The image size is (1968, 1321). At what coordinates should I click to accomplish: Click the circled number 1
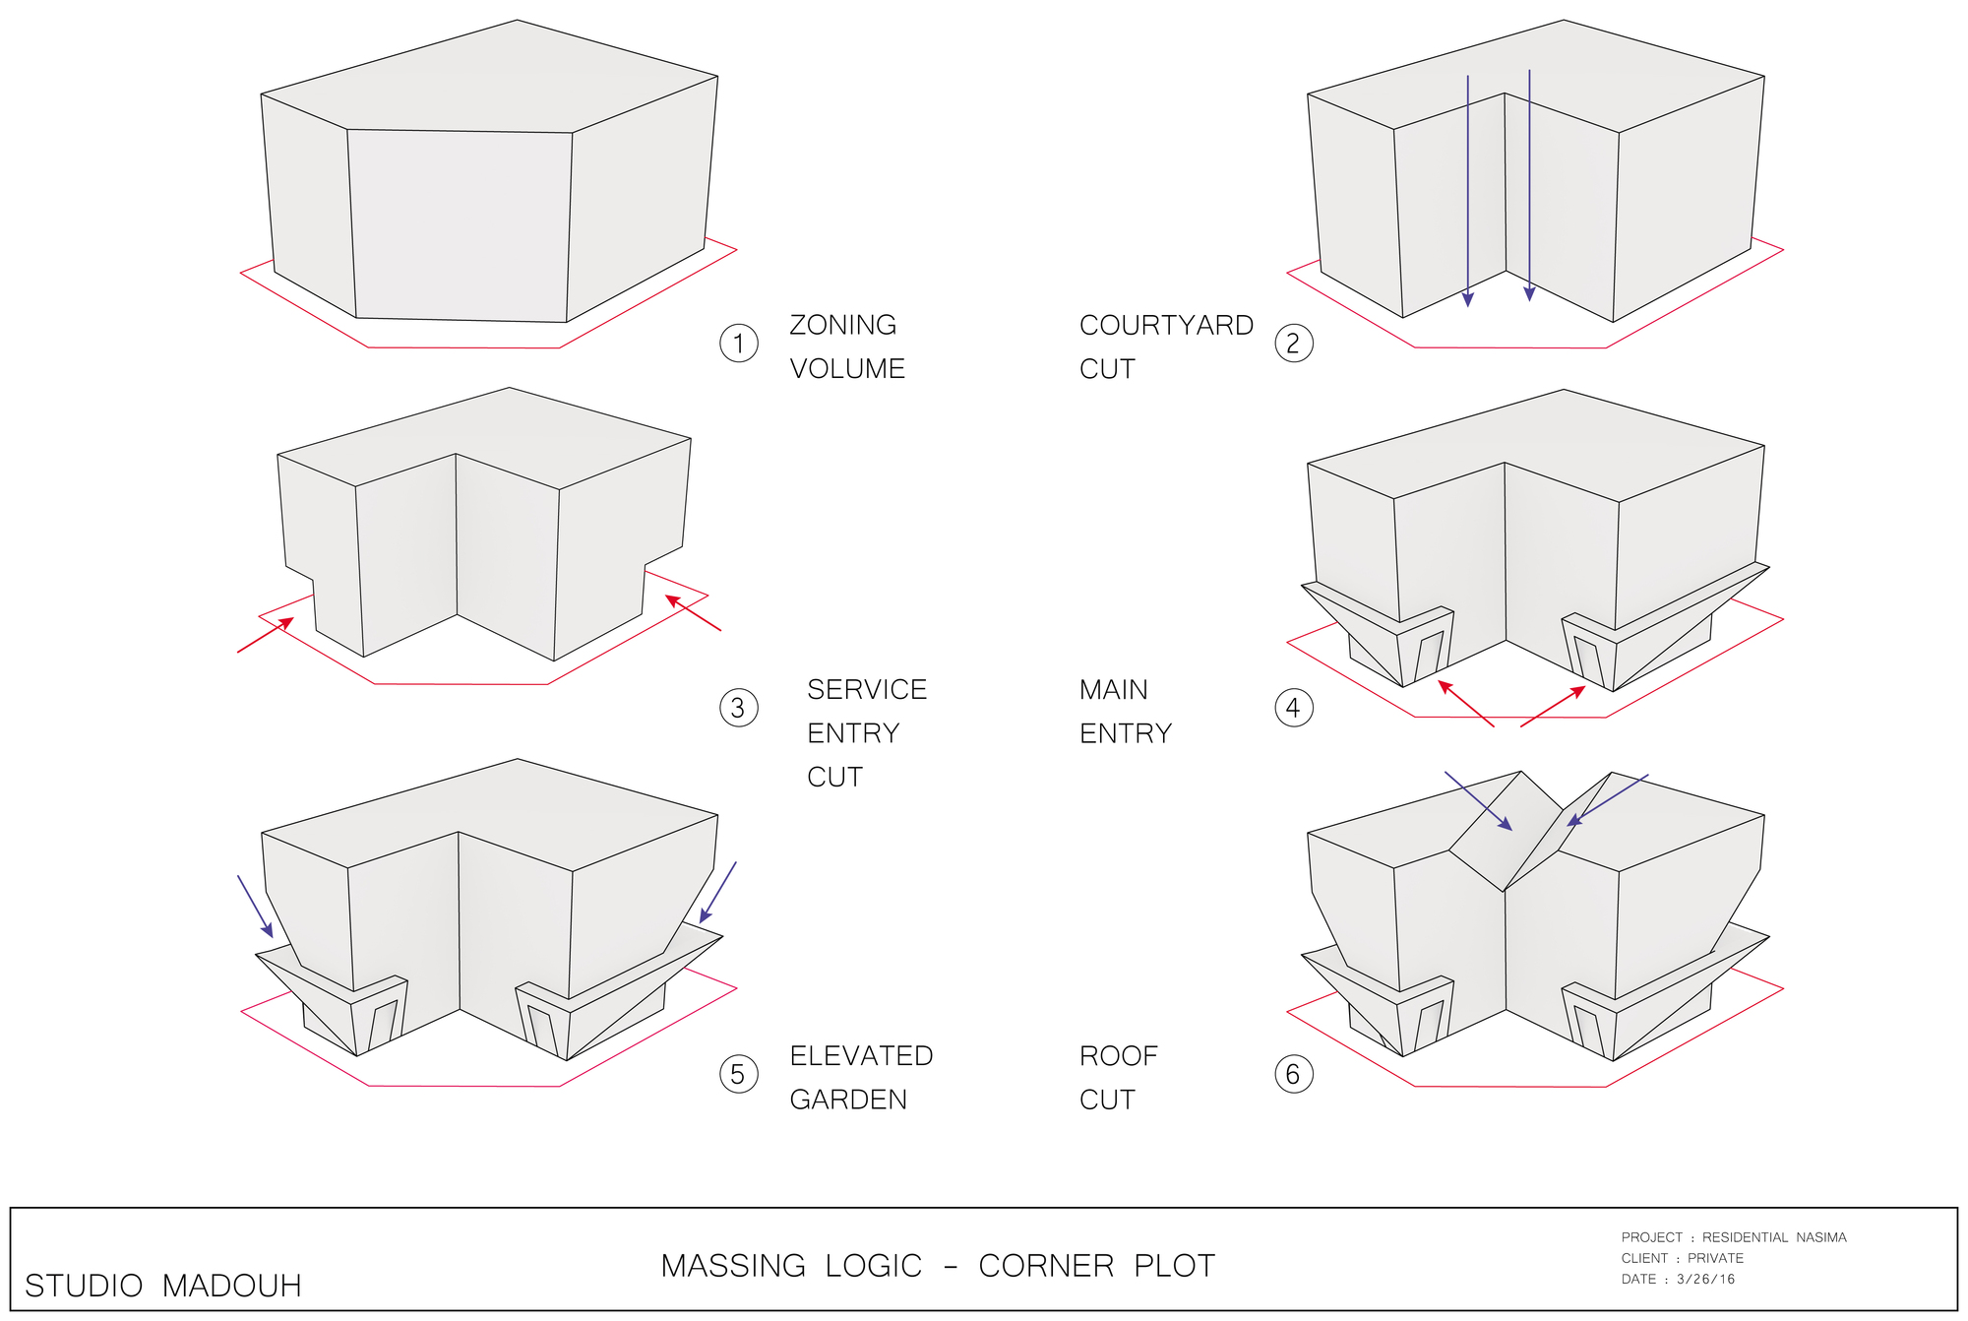click(x=738, y=344)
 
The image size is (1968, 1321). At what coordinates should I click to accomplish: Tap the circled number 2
click(x=1293, y=344)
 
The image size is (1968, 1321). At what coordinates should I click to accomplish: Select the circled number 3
click(x=738, y=708)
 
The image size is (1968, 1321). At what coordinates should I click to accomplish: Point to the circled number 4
click(x=1293, y=708)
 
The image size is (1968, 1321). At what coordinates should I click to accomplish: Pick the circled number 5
click(x=738, y=1074)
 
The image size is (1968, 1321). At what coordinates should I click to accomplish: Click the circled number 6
click(x=1293, y=1074)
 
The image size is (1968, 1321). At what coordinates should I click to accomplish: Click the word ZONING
click(x=842, y=325)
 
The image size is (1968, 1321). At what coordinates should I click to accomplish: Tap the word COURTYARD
click(x=1166, y=325)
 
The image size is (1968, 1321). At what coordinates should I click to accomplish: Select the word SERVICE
click(x=867, y=690)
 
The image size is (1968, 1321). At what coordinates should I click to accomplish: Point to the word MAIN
click(x=1113, y=690)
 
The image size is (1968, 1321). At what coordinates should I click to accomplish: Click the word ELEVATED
click(x=861, y=1056)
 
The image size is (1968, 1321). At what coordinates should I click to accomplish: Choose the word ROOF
click(x=1118, y=1056)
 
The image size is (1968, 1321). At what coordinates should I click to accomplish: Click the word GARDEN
click(x=848, y=1100)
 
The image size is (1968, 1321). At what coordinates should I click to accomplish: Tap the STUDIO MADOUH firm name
click(x=162, y=1286)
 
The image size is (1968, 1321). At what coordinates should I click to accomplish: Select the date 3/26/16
click(x=1705, y=1280)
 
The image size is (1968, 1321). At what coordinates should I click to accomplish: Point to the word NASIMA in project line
click(x=1821, y=1237)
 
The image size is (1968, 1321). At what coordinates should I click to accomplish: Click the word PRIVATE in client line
click(x=1715, y=1258)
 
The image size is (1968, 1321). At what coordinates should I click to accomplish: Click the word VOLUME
click(x=847, y=369)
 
